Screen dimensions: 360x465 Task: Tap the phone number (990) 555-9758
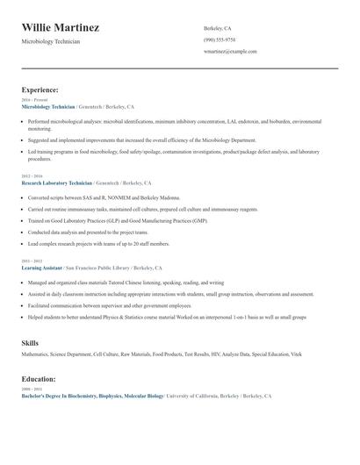[x=219, y=39]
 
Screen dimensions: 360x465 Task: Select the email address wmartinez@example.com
[x=230, y=51]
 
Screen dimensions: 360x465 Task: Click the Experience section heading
[x=40, y=89]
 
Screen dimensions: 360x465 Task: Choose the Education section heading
[x=40, y=379]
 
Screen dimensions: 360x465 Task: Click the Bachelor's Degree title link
[x=92, y=396]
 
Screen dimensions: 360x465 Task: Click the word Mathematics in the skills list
[x=37, y=354]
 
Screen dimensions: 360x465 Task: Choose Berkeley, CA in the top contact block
[x=219, y=28]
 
